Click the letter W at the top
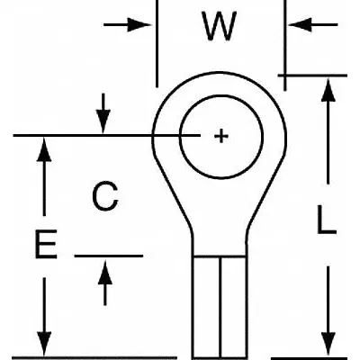click(220, 26)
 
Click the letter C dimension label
click(105, 196)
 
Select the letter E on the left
click(46, 244)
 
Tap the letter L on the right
click(327, 220)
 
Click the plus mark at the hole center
click(221, 137)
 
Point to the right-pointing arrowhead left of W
click(139, 24)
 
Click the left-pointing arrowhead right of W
click(300, 24)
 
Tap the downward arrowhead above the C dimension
click(103, 121)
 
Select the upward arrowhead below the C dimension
click(105, 273)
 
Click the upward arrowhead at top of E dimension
click(44, 149)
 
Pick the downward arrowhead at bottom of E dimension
click(44, 344)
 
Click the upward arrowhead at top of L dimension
click(328, 90)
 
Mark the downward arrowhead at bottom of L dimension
click(328, 344)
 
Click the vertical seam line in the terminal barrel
click(220, 307)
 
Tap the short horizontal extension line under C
click(109, 256)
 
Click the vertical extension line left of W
click(157, 43)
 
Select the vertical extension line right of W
click(284, 45)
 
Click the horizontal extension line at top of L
click(312, 76)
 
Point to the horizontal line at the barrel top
click(220, 256)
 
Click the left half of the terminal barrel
click(207, 307)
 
